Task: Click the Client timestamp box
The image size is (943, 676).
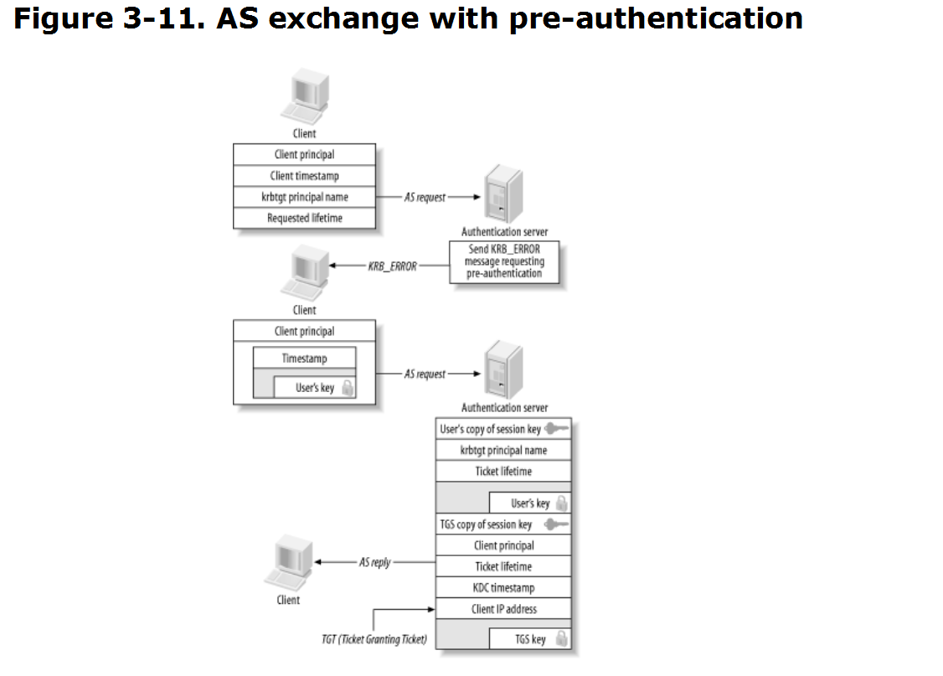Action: point(304,176)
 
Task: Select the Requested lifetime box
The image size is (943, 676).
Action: point(304,218)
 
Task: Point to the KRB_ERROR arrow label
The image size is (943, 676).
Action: point(392,266)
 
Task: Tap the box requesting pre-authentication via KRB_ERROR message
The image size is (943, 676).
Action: point(504,261)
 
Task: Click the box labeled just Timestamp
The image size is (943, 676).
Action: point(304,358)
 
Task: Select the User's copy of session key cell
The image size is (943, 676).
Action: point(503,429)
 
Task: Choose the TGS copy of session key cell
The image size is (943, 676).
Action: point(503,524)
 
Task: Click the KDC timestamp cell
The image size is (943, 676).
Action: point(503,587)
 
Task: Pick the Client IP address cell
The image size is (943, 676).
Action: point(503,609)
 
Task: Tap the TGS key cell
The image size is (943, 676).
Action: point(530,638)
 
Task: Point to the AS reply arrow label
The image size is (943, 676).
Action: point(374,562)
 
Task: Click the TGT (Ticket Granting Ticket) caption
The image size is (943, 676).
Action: point(374,638)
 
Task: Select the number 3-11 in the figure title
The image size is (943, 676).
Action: point(159,18)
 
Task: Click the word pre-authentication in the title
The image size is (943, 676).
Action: point(656,19)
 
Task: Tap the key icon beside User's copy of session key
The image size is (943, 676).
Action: point(557,429)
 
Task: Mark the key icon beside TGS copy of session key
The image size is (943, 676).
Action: point(557,524)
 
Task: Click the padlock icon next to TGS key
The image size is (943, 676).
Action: point(562,638)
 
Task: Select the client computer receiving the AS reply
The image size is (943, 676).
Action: point(289,563)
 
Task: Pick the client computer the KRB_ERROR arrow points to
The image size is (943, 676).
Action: point(305,273)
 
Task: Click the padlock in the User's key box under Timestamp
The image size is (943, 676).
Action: point(348,387)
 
